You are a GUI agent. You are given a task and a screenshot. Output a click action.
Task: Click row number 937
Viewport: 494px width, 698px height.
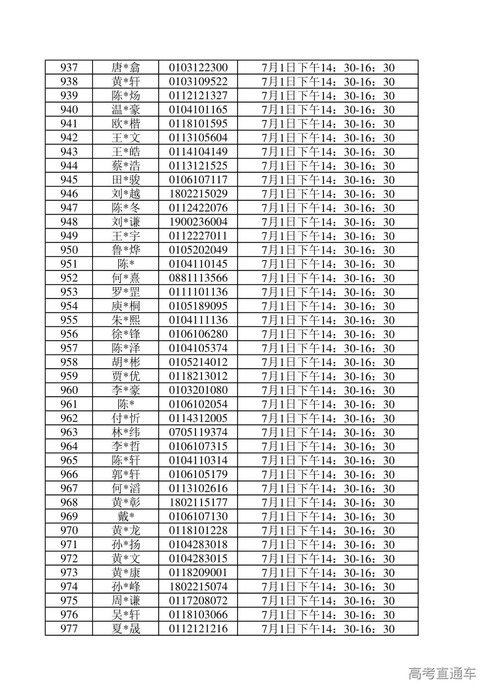coord(69,68)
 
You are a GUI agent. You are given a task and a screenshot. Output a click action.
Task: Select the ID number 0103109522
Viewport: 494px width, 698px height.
coord(198,82)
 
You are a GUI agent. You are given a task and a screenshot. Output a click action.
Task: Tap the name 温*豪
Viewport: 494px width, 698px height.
coord(126,110)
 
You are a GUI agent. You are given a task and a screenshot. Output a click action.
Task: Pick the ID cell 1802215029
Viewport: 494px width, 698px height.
coord(198,194)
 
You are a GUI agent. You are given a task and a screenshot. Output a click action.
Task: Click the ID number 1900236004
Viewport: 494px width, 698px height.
coord(198,222)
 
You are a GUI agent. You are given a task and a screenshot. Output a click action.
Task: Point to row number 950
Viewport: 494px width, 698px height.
coord(69,250)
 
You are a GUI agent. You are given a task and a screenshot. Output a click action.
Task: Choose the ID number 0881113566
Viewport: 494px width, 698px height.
coord(198,278)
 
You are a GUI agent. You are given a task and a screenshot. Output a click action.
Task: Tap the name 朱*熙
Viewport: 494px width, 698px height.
coord(126,320)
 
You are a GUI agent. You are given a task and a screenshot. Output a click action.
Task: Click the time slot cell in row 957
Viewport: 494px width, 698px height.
coord(329,348)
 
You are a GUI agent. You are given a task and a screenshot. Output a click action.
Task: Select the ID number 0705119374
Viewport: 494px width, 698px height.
coord(198,432)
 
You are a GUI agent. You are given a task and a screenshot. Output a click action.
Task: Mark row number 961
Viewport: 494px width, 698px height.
coord(69,404)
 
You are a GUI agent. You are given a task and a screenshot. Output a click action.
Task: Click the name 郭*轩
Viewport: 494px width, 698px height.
coord(126,474)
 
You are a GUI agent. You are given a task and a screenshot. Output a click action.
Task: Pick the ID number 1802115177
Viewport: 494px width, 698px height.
coord(198,502)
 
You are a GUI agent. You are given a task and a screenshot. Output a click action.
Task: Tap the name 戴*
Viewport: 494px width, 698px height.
coord(126,517)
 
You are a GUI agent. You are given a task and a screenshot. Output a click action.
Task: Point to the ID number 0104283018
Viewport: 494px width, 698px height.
coord(198,544)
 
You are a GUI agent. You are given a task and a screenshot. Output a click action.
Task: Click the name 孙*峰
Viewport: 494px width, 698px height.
coord(126,587)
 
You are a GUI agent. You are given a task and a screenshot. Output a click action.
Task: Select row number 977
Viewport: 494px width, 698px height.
coord(69,628)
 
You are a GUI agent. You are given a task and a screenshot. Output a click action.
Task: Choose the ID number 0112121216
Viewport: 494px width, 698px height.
coord(198,628)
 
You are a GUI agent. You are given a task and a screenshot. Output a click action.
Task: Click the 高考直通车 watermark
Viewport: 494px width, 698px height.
coord(442,673)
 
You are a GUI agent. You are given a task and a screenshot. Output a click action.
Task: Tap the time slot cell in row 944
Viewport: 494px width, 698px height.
coord(329,166)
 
